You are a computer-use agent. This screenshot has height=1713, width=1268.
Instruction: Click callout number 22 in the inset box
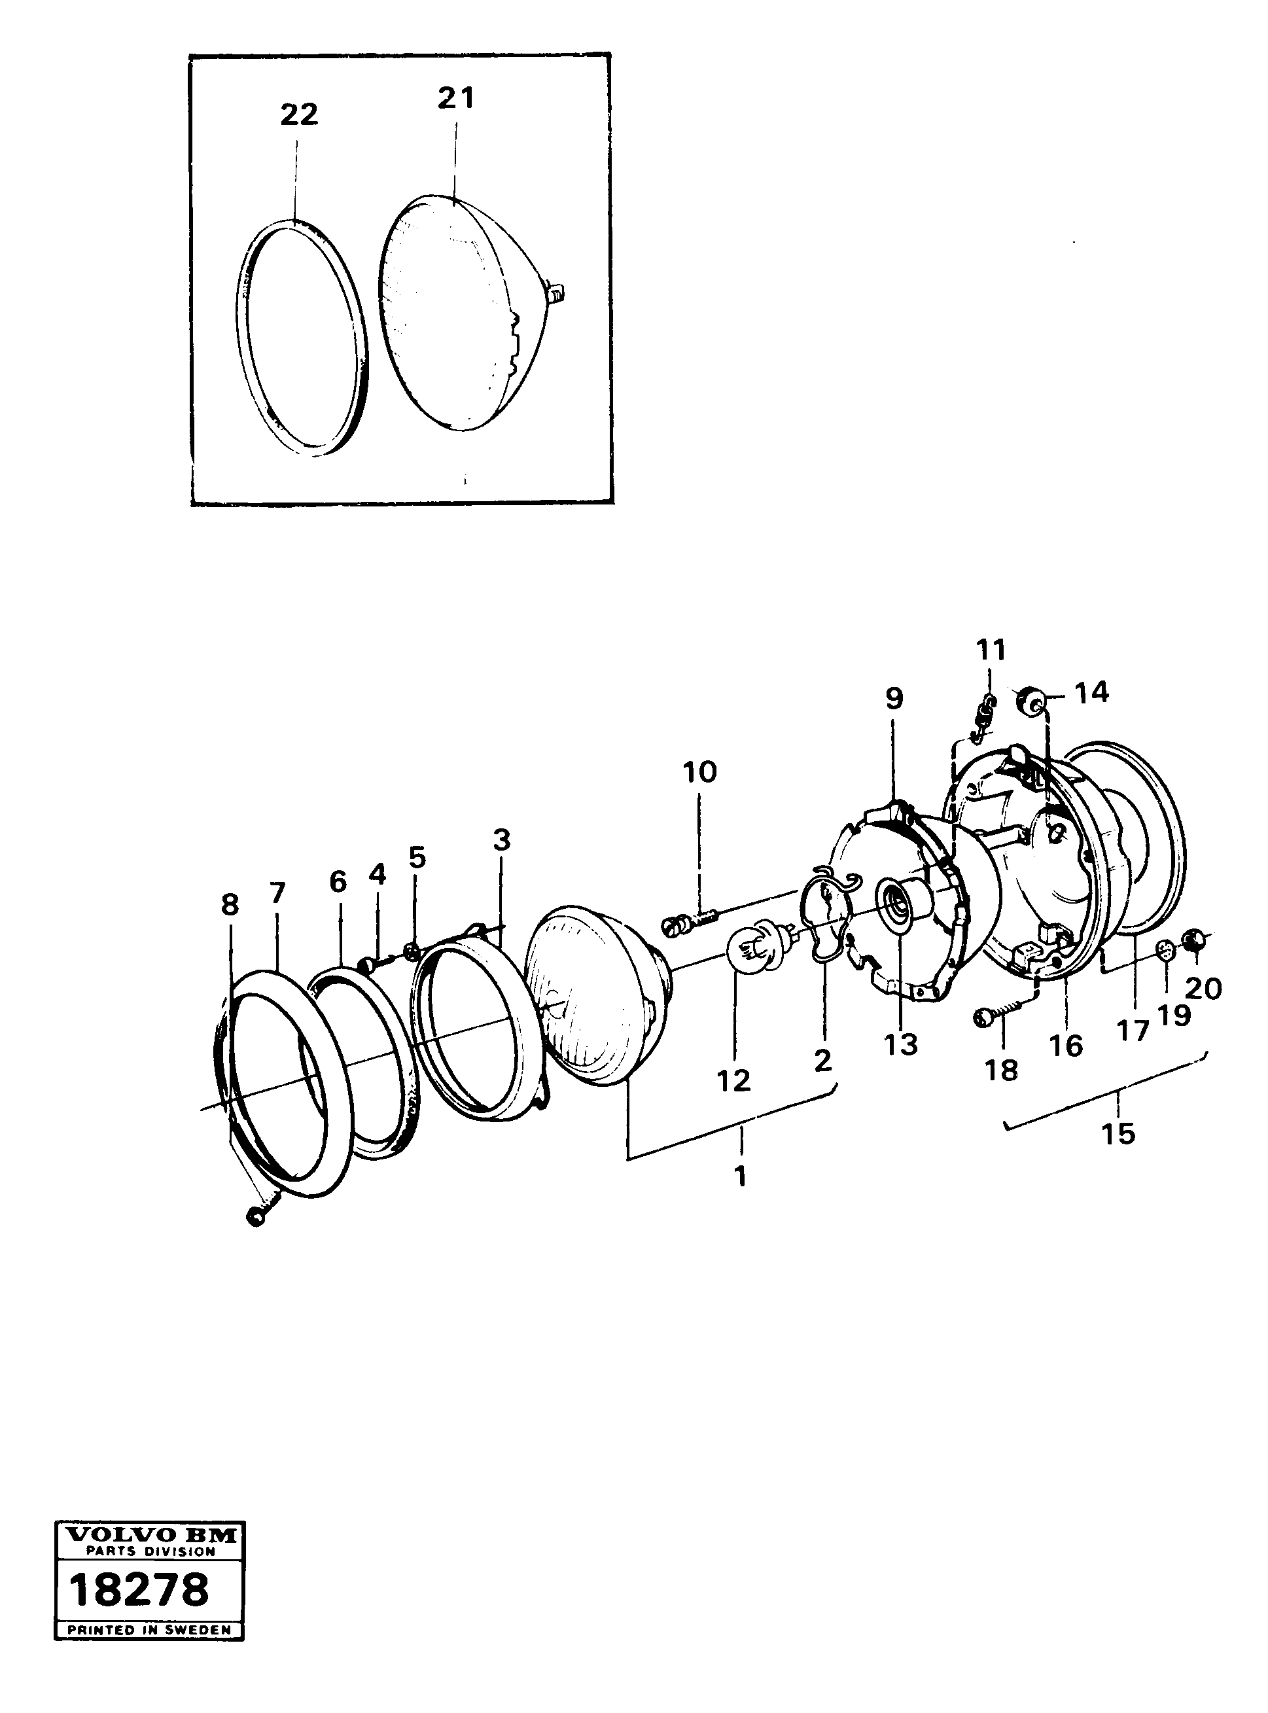pos(298,115)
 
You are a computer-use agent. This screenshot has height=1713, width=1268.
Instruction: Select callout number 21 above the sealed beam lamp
pos(456,98)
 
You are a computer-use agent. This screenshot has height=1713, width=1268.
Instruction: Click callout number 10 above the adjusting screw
pos(699,771)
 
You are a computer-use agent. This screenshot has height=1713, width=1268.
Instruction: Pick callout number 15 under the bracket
pos(1118,1133)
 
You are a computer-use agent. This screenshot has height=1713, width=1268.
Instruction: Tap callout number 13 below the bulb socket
pos(900,1044)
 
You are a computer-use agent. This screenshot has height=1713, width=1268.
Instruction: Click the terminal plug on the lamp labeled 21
pos(557,290)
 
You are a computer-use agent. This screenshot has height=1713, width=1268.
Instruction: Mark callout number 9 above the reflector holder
pos(894,698)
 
